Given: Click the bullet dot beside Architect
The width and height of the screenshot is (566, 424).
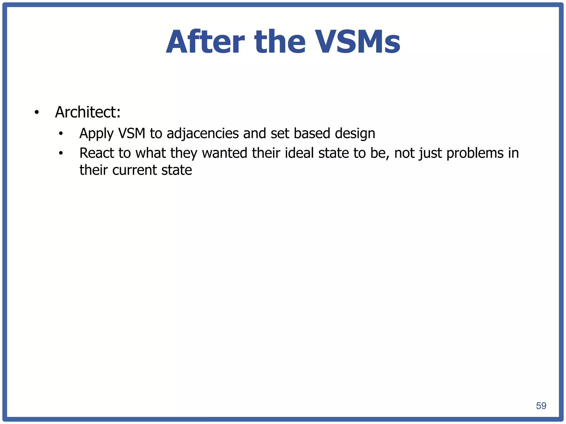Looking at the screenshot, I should pos(36,113).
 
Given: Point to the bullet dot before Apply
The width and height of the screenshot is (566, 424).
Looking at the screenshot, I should pos(61,134).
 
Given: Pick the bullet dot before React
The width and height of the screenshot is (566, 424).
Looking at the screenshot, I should pos(61,153).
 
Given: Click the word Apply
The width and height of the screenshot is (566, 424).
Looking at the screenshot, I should pos(96,134).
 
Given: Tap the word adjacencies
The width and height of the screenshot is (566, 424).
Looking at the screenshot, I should pos(203,134).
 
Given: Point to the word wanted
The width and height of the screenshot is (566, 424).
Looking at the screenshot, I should pos(224,153).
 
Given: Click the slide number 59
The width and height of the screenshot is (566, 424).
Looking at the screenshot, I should pos(541,406).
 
